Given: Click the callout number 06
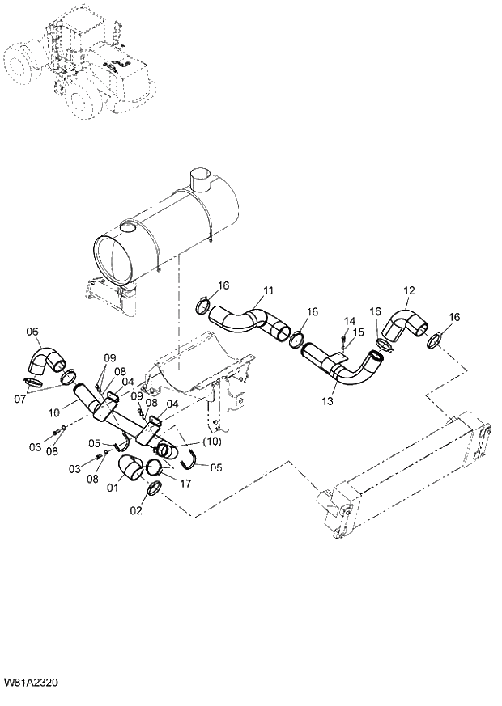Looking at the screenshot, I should [x=32, y=330].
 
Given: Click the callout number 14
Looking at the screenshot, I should [x=350, y=322].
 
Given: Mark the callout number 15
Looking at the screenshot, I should [x=360, y=332].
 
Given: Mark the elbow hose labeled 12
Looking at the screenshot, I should [x=403, y=323].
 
